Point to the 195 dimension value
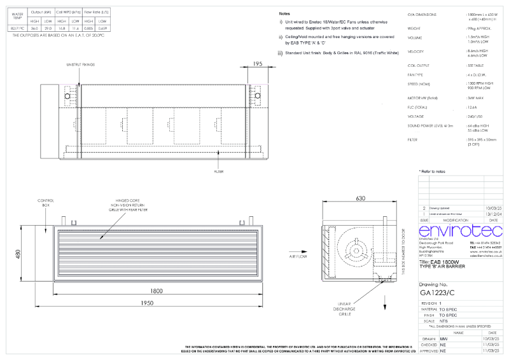coord(258,64)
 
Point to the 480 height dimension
coord(18,254)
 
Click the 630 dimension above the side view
coord(360,198)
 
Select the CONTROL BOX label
coord(50,202)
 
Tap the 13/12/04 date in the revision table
coord(492,214)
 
